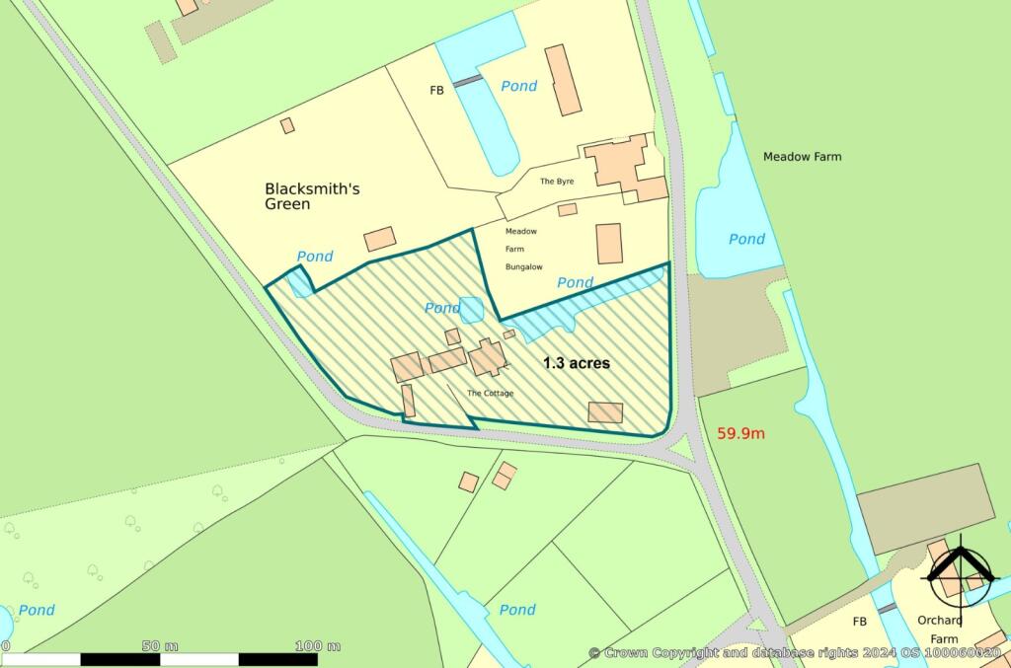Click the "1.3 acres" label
577,363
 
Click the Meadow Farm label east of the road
802,157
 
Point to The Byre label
556,182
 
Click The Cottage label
490,393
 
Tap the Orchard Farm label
937,629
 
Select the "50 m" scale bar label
159,645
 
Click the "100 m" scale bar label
318,645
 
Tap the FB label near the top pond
437,90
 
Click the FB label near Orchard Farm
859,622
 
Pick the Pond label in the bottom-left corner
37,610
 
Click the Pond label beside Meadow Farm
746,239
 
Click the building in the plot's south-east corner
605,412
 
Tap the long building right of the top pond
563,79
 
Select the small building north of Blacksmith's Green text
287,125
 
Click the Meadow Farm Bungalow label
521,249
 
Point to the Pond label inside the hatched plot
442,308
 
